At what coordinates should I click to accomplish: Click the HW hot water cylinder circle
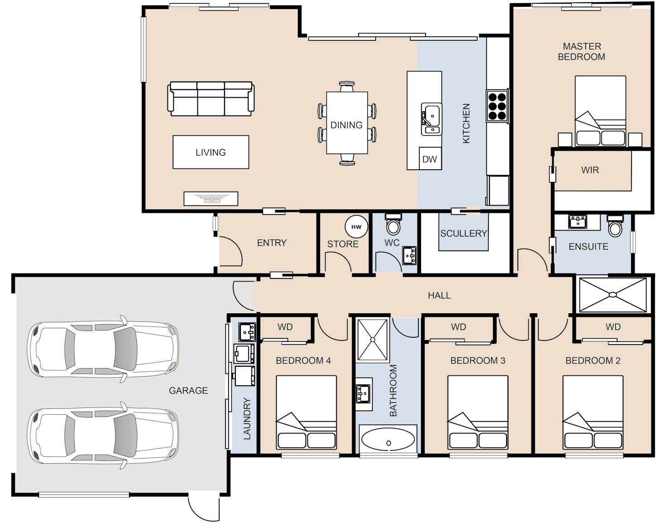[x=356, y=227]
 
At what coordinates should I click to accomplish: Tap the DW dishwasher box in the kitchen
[x=430, y=158]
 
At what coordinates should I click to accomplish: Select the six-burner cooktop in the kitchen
[x=497, y=106]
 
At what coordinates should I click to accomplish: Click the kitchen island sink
[x=431, y=119]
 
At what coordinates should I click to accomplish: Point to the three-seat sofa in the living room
[x=211, y=99]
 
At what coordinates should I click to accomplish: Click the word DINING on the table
[x=346, y=125]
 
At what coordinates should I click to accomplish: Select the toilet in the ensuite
[x=615, y=226]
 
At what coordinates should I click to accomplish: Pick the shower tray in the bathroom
[x=373, y=340]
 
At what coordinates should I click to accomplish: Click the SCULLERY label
[x=464, y=233]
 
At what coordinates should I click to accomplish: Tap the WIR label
[x=590, y=170]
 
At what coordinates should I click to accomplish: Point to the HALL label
[x=439, y=295]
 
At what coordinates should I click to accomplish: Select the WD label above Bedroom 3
[x=458, y=327]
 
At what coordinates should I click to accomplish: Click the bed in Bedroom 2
[x=593, y=412]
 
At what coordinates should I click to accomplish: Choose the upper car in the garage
[x=103, y=349]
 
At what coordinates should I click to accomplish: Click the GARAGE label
[x=188, y=390]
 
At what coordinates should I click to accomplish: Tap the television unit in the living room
[x=211, y=198]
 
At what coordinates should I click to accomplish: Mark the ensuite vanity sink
[x=578, y=221]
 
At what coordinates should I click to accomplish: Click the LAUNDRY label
[x=247, y=418]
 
